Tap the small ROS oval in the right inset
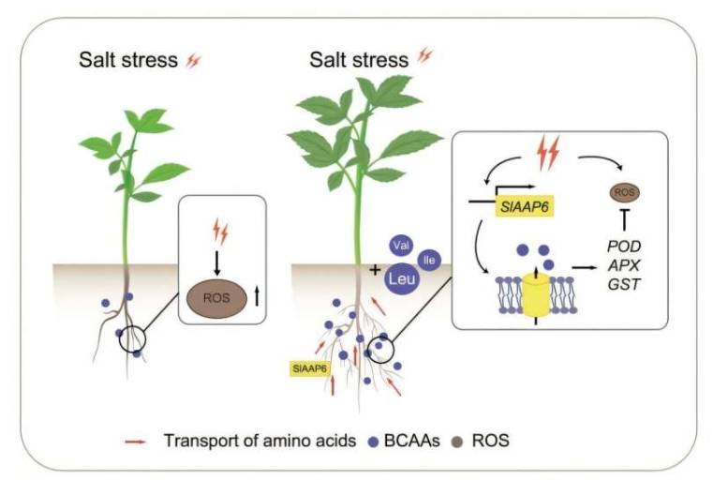click(x=619, y=191)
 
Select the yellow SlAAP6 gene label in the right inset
click(x=522, y=202)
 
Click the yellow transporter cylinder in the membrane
click(x=536, y=292)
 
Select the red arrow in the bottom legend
click(x=136, y=439)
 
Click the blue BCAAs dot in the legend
click(x=373, y=439)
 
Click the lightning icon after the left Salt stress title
click(x=194, y=62)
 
